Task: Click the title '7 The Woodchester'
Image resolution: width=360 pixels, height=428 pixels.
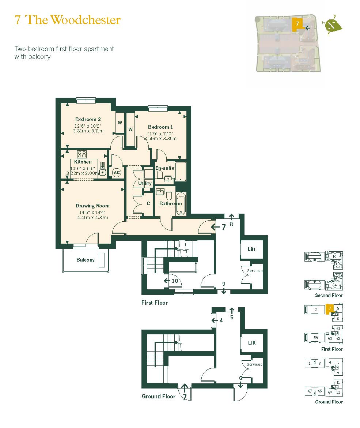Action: (68, 20)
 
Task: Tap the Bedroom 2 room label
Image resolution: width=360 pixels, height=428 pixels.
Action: (88, 119)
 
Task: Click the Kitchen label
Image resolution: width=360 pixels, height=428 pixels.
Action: (83, 162)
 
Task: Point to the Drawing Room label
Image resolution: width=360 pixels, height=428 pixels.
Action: (92, 206)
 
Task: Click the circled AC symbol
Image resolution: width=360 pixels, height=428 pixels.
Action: (117, 172)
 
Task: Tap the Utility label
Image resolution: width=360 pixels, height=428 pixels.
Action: (145, 183)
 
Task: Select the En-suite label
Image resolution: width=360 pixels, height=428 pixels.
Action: (164, 168)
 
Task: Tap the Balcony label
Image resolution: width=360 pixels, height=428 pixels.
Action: (86, 260)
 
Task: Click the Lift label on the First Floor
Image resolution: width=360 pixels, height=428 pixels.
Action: (251, 249)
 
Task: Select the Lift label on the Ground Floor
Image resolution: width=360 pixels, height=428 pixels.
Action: (252, 343)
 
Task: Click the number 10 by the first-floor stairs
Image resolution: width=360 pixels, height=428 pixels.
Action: (175, 281)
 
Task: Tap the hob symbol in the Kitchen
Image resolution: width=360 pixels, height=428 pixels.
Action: (82, 154)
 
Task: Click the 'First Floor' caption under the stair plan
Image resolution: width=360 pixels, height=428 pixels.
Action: (155, 303)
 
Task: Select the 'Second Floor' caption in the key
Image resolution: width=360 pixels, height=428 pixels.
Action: (329, 295)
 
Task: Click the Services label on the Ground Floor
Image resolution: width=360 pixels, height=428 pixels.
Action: (254, 364)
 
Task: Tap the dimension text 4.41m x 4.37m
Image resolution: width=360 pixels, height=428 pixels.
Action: (92, 217)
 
